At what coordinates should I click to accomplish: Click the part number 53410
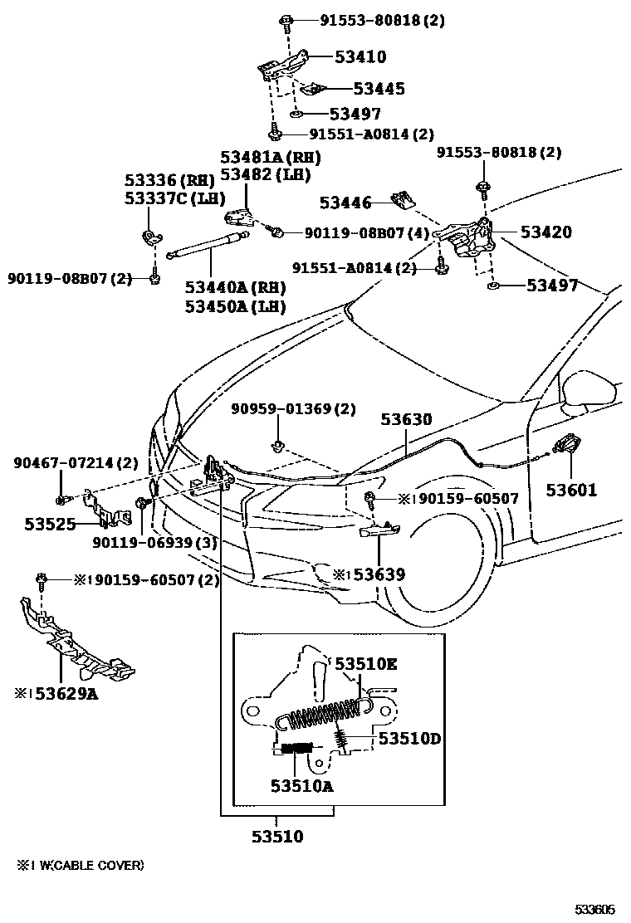click(x=360, y=57)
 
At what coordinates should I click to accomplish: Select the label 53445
click(x=379, y=89)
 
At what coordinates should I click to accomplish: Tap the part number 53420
click(x=545, y=232)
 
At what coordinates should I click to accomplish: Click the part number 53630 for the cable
click(x=407, y=420)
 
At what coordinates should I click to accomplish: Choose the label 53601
click(x=571, y=490)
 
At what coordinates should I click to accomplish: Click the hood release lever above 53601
click(x=567, y=445)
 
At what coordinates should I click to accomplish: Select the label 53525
click(x=50, y=524)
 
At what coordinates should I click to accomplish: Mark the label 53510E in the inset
click(x=365, y=663)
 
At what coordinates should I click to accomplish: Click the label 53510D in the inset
click(x=408, y=737)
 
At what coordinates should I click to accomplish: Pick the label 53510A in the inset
click(x=301, y=785)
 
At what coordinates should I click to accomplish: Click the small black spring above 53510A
click(x=296, y=747)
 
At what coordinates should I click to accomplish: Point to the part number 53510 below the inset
click(x=277, y=836)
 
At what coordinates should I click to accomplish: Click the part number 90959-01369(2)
click(x=292, y=409)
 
